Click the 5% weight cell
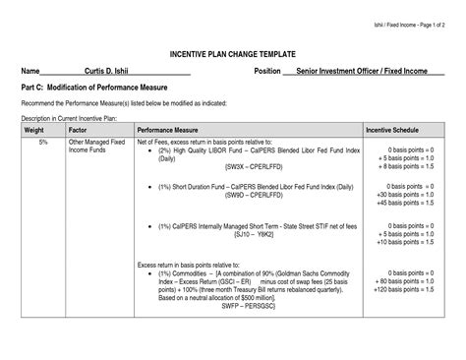(43, 143)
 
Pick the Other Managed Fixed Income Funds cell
(95, 147)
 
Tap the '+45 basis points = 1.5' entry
(404, 203)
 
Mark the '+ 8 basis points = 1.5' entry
(404, 166)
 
